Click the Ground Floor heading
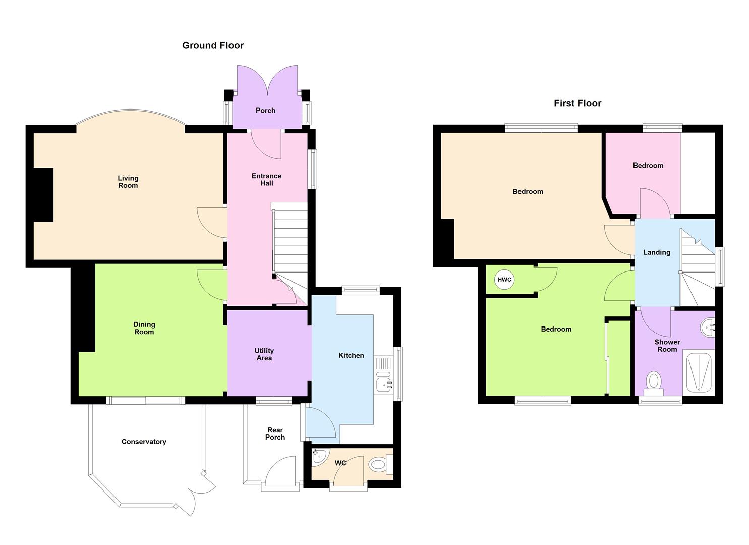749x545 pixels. point(213,45)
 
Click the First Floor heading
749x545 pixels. point(578,103)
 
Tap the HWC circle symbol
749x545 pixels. point(504,280)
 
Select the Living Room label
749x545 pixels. point(128,182)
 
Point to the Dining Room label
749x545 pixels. point(144,328)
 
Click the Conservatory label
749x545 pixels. point(144,442)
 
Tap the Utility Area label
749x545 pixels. point(264,354)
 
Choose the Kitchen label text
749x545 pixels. point(351,355)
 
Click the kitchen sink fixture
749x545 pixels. point(384,385)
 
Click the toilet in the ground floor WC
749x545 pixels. point(378,464)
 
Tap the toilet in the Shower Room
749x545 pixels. point(654,381)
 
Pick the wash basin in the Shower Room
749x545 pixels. point(708,327)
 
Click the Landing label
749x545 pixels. point(657,252)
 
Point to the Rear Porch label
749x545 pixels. point(275,434)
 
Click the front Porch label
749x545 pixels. point(265,111)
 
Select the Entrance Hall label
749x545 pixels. point(266,179)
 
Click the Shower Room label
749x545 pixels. point(667,346)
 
